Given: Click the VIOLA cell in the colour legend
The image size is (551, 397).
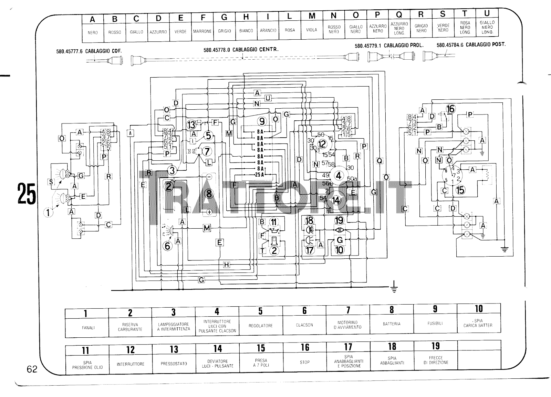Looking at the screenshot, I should (x=311, y=30).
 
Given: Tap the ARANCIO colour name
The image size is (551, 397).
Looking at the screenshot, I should (x=268, y=30).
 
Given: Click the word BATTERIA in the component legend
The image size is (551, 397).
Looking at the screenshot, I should (x=391, y=324).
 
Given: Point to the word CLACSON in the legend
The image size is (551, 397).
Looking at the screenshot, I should (x=304, y=325).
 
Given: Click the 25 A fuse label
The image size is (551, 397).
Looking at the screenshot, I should (x=259, y=175).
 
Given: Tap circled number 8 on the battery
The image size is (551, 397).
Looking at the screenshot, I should (x=209, y=193).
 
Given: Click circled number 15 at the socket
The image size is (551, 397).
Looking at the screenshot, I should (x=460, y=189).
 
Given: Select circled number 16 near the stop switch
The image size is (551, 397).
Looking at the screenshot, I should (x=450, y=109).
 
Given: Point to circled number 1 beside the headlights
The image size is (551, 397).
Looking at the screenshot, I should (x=48, y=212).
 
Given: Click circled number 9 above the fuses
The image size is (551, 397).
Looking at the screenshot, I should (x=262, y=121).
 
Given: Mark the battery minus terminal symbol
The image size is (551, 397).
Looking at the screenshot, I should (x=209, y=177).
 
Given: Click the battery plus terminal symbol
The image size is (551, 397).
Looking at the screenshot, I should (x=209, y=212).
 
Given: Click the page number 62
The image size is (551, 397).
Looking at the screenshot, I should (x=32, y=369).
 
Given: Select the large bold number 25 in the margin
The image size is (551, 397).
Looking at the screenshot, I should (x=27, y=194).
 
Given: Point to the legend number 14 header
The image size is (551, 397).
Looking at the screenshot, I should (x=218, y=349).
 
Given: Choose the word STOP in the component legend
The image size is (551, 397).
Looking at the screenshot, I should (x=304, y=362).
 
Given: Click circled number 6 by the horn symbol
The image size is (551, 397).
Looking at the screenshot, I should (x=167, y=246).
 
